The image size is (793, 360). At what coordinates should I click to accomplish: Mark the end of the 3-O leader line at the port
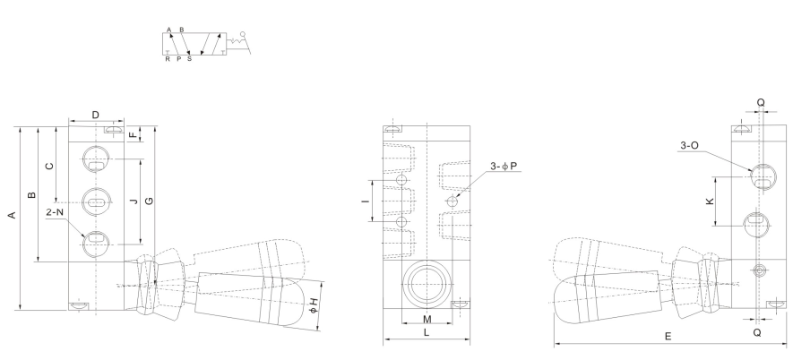[753, 172]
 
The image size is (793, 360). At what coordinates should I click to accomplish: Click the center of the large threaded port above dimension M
[427, 284]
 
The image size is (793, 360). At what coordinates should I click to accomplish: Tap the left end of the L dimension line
[384, 339]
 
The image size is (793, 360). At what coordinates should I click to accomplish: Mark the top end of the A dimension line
[21, 127]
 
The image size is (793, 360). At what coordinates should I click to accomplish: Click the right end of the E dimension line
[787, 344]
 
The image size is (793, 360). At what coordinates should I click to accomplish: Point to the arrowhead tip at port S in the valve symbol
[189, 54]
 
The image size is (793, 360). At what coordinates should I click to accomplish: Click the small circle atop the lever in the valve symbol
[242, 34]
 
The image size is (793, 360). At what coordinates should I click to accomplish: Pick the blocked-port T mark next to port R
[168, 52]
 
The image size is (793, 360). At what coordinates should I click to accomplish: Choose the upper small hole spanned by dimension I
[402, 180]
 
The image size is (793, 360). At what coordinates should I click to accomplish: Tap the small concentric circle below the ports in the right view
[757, 271]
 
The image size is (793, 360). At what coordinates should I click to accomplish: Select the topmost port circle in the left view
[96, 159]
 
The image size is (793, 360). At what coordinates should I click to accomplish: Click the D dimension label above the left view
[96, 115]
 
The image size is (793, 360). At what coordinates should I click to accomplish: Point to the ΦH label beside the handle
[315, 305]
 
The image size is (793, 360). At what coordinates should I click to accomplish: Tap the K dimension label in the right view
[710, 201]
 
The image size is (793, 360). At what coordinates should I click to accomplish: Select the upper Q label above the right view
[761, 103]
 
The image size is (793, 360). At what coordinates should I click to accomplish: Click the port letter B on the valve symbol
[182, 30]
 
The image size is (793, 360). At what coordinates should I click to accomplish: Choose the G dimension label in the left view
[150, 201]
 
